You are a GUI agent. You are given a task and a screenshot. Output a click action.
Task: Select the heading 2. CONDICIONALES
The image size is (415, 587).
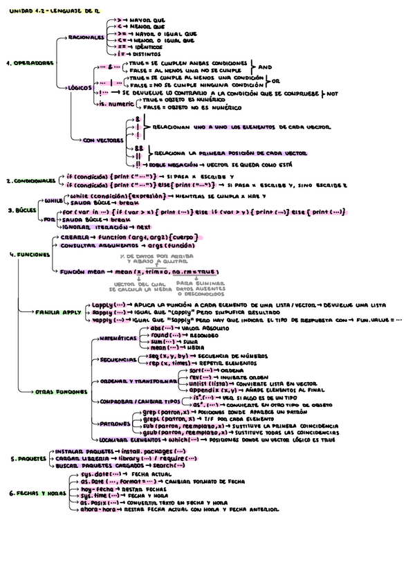coord(30,181)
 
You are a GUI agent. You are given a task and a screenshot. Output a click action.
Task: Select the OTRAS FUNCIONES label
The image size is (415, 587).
coord(59,392)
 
